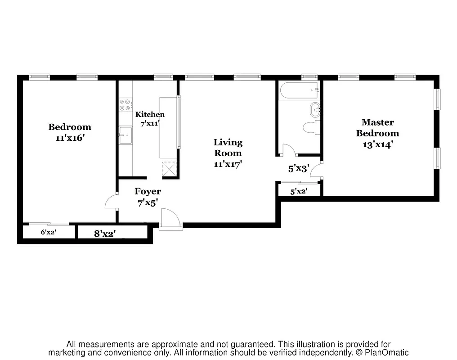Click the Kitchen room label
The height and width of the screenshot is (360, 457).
pos(150,114)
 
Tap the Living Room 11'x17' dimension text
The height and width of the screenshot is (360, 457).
pos(228,164)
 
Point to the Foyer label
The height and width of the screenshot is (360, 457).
pos(148,192)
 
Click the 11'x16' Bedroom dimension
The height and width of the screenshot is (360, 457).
pos(70,138)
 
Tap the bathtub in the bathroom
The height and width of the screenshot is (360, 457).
pos(299,90)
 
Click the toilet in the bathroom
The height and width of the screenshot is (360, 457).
pos(310,128)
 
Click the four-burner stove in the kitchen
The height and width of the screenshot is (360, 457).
pos(125,105)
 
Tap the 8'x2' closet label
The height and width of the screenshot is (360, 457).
pos(105,233)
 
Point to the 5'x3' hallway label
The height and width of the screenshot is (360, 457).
pos(299,169)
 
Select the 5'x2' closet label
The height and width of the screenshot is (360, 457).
pos(299,191)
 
